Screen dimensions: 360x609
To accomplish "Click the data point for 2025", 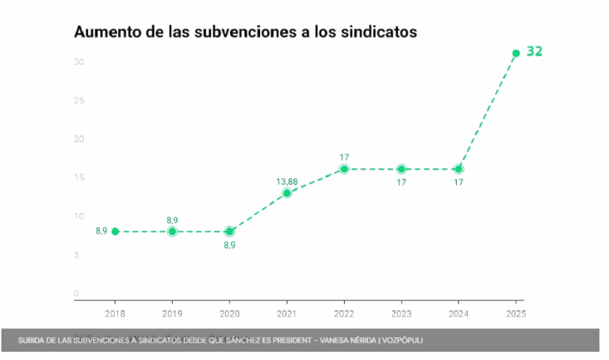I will [x=516, y=53].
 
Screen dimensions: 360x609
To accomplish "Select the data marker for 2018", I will [x=115, y=232].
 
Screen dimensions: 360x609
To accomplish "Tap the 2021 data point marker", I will [x=287, y=193].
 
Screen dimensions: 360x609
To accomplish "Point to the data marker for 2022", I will [x=344, y=169].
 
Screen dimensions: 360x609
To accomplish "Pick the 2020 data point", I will [x=229, y=232].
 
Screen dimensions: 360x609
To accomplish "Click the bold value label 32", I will [x=534, y=52].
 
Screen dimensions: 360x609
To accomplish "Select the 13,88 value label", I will [x=287, y=182].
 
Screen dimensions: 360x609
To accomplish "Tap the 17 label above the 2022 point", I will [x=344, y=157].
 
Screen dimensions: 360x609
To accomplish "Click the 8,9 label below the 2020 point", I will [x=229, y=245].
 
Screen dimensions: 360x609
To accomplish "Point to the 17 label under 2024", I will [x=458, y=182].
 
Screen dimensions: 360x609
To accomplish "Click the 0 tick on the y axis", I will [x=77, y=293].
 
